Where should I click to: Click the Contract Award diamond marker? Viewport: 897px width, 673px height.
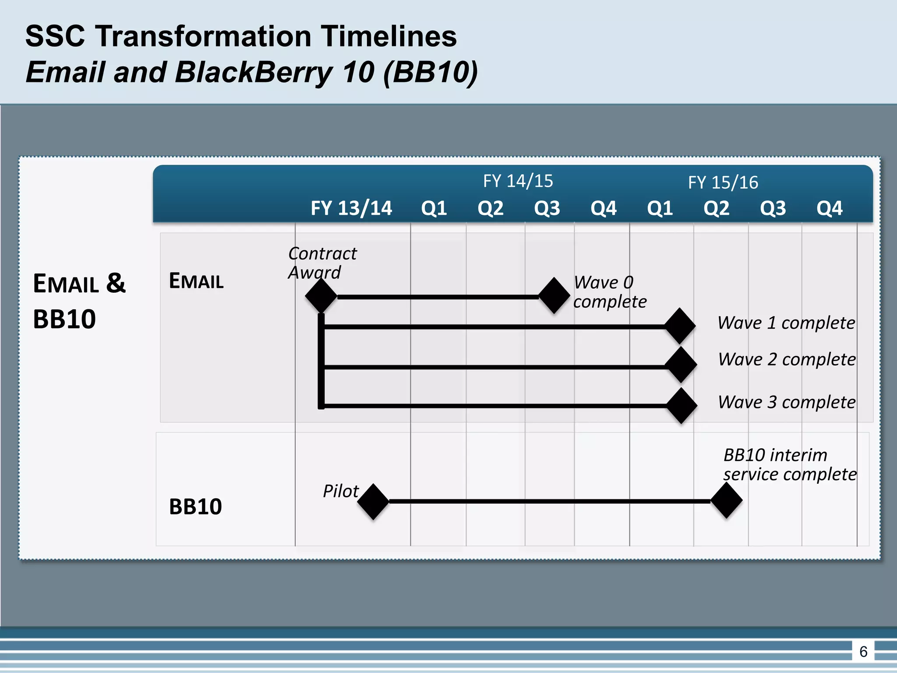(x=321, y=296)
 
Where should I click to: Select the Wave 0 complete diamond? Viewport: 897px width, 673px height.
(x=554, y=295)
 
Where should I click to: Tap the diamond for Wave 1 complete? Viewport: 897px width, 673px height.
(x=680, y=326)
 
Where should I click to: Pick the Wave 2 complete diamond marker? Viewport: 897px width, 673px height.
(x=681, y=365)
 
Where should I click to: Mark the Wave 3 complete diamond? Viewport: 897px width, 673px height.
(x=682, y=406)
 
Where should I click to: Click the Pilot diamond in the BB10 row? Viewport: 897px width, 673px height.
(x=373, y=502)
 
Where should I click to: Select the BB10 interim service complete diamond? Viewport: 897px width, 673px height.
(x=726, y=500)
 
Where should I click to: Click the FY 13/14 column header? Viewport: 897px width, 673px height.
(x=351, y=208)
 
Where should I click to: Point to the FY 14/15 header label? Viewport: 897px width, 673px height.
(x=518, y=181)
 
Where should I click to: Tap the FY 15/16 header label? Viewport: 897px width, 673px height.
(x=723, y=182)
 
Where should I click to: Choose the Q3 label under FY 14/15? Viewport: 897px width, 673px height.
(x=547, y=208)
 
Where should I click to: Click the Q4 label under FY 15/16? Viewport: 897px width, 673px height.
(x=829, y=208)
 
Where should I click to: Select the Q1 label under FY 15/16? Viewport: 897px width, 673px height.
(x=660, y=208)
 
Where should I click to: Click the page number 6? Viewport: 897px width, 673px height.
(x=863, y=652)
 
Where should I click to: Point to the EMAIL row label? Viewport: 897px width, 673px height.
(x=196, y=281)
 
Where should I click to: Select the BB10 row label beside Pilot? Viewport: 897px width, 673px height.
(x=195, y=507)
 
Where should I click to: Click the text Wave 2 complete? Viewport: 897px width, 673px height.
(x=787, y=359)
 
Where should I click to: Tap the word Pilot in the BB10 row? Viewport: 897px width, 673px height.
(x=340, y=491)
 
